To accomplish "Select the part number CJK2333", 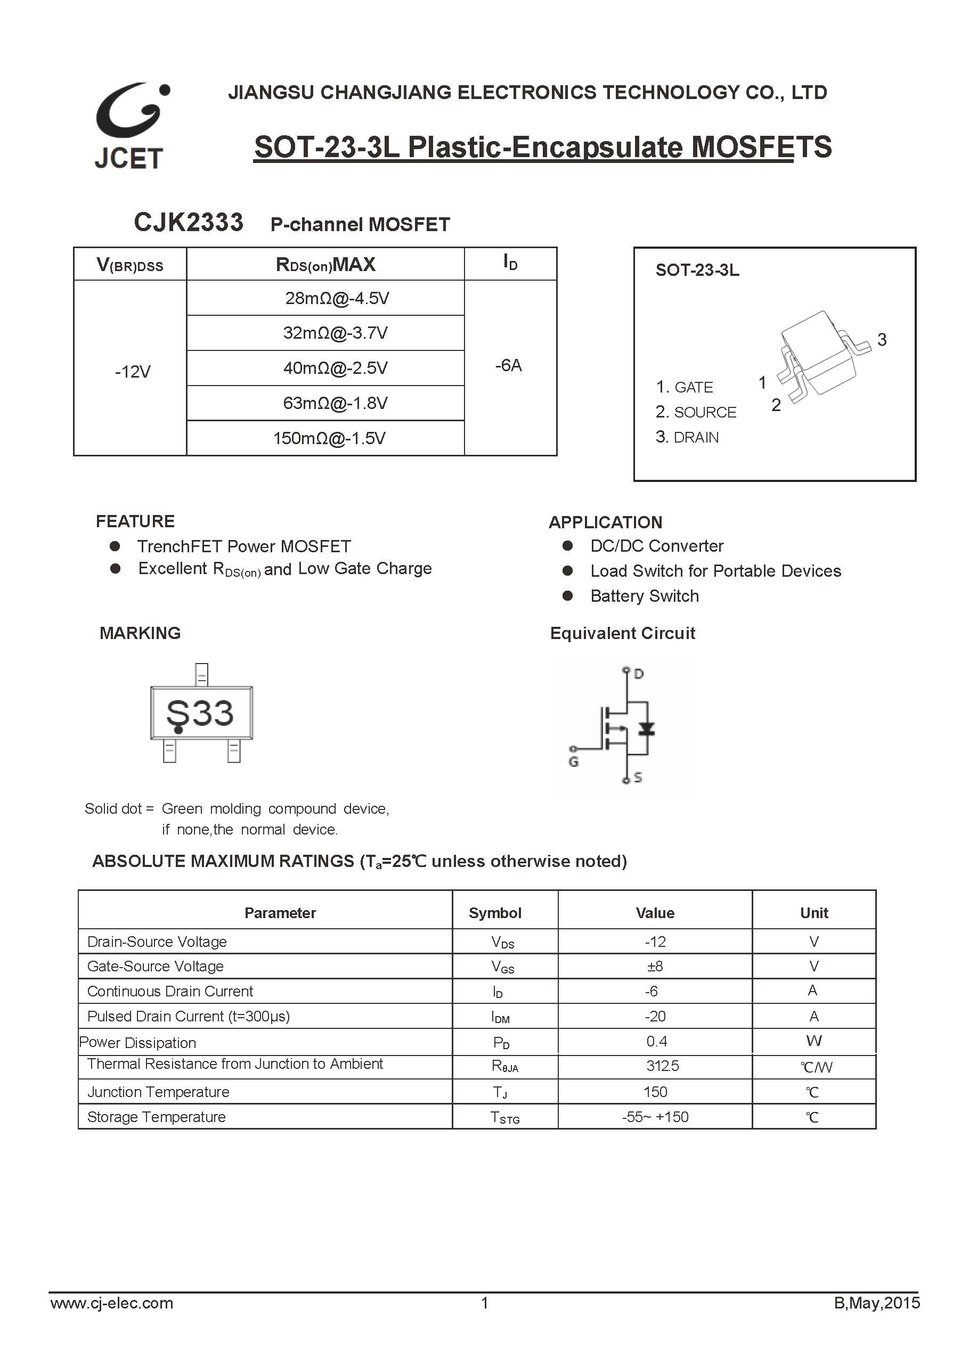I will click(x=188, y=223).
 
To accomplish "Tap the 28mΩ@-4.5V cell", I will click(x=337, y=298).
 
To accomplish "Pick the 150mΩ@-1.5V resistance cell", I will click(x=329, y=438).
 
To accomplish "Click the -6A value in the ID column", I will click(x=508, y=365).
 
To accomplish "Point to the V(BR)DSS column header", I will click(x=129, y=265).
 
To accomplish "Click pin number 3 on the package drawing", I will click(x=881, y=340).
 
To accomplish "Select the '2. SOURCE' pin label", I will click(x=696, y=412).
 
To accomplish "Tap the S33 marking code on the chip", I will click(x=200, y=713).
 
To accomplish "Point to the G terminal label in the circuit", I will click(x=573, y=762).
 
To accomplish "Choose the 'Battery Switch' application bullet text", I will click(x=644, y=596).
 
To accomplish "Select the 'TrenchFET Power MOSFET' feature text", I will click(x=244, y=546).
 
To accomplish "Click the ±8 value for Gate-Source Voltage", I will click(x=655, y=966).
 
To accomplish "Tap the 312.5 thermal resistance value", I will click(x=662, y=1066).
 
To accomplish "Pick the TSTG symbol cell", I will click(x=505, y=1117).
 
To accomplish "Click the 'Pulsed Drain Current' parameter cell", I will click(x=189, y=1016).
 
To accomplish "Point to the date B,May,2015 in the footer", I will click(x=876, y=1303).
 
